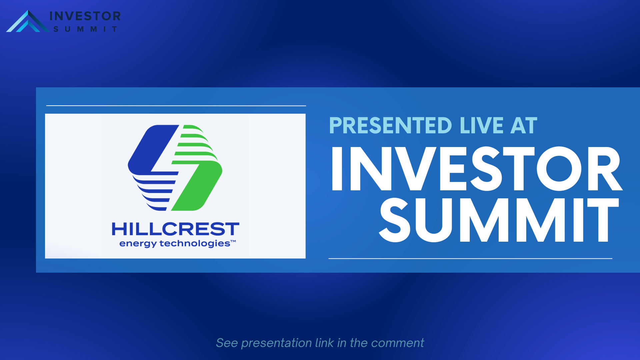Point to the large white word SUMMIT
point(499,220)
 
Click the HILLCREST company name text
point(176,229)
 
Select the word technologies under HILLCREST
point(195,243)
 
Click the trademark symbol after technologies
point(233,241)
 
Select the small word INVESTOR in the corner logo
point(85,16)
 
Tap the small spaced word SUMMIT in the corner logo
point(85,29)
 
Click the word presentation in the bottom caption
point(276,343)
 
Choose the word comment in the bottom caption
point(397,343)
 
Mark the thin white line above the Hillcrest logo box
point(176,106)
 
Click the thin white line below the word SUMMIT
point(470,258)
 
